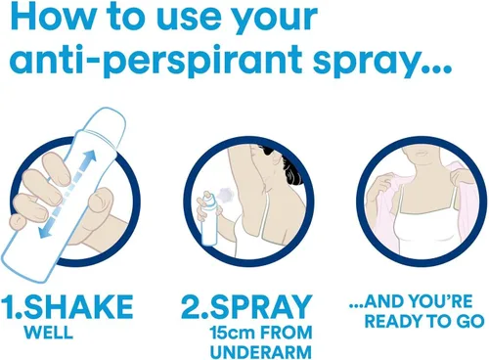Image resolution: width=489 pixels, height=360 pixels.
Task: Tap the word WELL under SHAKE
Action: [49, 333]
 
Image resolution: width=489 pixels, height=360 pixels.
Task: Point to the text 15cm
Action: [231, 333]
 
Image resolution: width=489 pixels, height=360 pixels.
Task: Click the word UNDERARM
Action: [261, 352]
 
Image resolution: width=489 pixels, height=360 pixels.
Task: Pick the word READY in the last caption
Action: [388, 322]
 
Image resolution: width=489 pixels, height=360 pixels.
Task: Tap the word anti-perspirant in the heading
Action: [156, 60]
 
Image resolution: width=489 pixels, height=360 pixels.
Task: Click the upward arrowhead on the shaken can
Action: [91, 156]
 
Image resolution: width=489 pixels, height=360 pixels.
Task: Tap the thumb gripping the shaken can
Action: [101, 200]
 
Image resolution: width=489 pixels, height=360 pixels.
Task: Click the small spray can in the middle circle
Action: [208, 218]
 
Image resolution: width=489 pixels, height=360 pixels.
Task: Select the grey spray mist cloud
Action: [226, 195]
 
